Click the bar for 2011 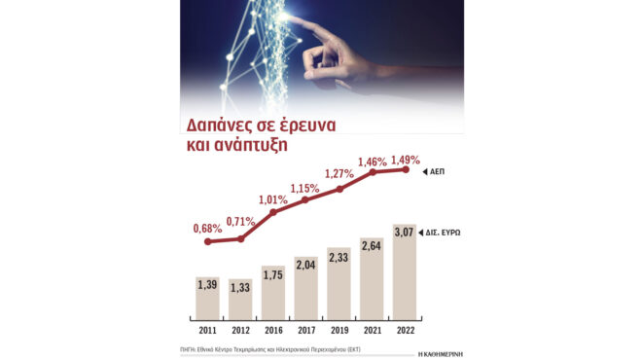tap(207, 296)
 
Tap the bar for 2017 tap(305, 289)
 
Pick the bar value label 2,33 tap(339, 258)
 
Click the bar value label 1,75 tap(273, 275)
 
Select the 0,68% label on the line tap(208, 228)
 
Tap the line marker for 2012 tap(240, 238)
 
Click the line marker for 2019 tap(339, 189)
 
